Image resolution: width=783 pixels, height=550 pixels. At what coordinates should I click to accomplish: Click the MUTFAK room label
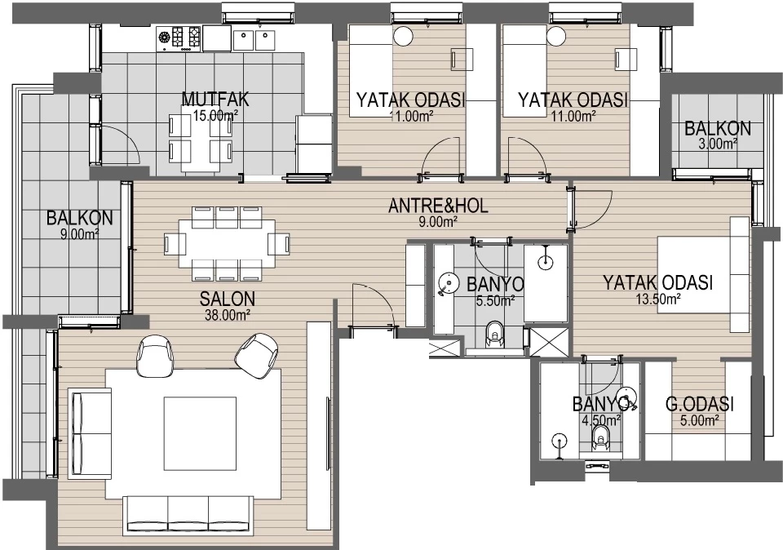(x=215, y=99)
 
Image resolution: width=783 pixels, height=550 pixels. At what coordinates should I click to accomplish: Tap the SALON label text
(x=228, y=299)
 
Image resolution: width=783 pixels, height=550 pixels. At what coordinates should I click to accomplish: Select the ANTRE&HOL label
(x=438, y=206)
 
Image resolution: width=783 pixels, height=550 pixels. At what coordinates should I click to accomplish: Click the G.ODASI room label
(x=700, y=404)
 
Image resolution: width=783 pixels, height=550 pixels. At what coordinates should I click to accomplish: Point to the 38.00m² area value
(x=228, y=315)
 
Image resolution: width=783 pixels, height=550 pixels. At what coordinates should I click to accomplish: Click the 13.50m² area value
(x=658, y=299)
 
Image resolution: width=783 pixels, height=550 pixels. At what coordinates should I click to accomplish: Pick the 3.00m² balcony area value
(x=718, y=144)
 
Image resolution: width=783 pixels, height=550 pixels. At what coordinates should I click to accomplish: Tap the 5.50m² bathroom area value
(x=495, y=301)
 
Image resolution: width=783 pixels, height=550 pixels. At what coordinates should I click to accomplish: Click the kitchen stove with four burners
(x=179, y=38)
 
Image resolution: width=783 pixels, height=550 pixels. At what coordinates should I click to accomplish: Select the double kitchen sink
(x=254, y=38)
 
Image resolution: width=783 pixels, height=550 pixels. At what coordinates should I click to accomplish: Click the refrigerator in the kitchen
(x=313, y=144)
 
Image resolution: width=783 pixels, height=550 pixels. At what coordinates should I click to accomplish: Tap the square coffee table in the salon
(x=201, y=433)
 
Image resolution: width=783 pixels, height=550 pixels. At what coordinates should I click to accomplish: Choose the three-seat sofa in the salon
(x=188, y=516)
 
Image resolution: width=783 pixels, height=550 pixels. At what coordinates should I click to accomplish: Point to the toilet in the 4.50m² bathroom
(x=599, y=438)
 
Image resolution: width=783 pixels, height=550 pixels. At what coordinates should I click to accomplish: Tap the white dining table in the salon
(x=227, y=244)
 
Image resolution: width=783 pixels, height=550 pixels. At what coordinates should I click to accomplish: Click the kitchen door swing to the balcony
(x=120, y=145)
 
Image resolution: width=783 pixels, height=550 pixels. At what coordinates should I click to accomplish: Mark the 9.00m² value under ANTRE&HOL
(x=438, y=222)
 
